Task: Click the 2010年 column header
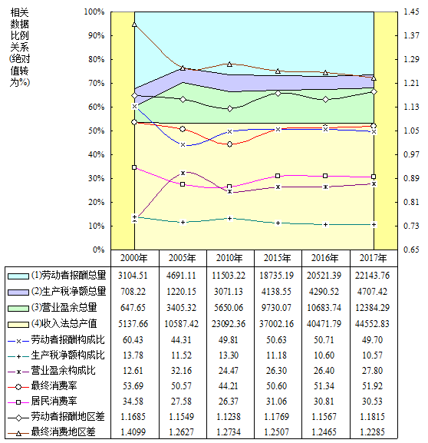pos(229,258)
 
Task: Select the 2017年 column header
pos(374,258)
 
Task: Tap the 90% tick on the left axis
pos(94,35)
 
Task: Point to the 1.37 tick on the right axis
pos(411,35)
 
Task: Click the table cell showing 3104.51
pos(133,275)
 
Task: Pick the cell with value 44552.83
pos(372,323)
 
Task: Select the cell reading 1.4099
pos(133,431)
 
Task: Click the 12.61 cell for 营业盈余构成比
pos(133,370)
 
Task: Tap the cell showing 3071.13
pos(229,291)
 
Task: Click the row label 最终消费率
pos(54,385)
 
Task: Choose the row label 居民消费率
pos(54,401)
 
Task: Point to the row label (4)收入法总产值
pos(64,323)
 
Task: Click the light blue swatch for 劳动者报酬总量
pos(18,276)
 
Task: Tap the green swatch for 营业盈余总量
pos(18,308)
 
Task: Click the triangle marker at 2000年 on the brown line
pos(135,25)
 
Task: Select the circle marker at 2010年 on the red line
pos(230,144)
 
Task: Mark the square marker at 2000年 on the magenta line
pos(135,167)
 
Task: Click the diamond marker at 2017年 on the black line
pos(374,92)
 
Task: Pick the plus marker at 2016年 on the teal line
pos(325,225)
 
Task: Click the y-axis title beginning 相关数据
pos(20,48)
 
